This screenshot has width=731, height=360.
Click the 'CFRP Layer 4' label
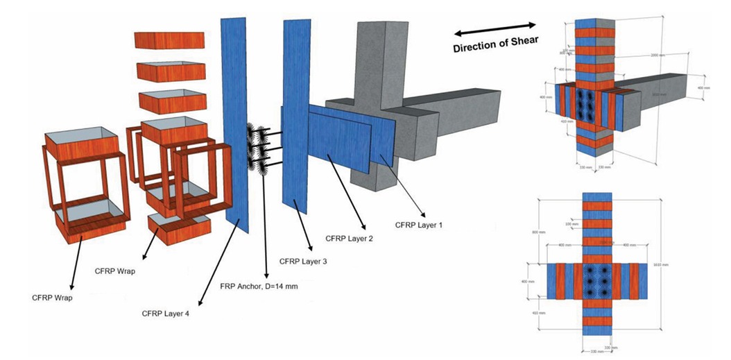coord(166,314)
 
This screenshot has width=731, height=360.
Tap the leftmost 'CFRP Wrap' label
coord(51,298)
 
